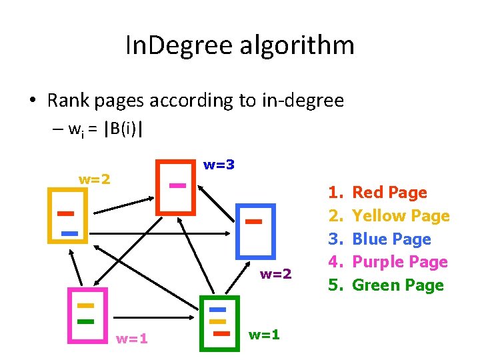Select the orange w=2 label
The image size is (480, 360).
point(95,179)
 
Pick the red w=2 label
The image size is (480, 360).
point(275,273)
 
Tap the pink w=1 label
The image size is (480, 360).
point(132,338)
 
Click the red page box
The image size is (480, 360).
point(176,187)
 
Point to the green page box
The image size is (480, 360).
point(219,323)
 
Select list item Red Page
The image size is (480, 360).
point(389,193)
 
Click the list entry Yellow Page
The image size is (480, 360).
point(401,216)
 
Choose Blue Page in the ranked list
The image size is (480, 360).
point(391,239)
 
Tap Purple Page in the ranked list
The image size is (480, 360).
point(399,262)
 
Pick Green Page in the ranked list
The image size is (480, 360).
point(397,285)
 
